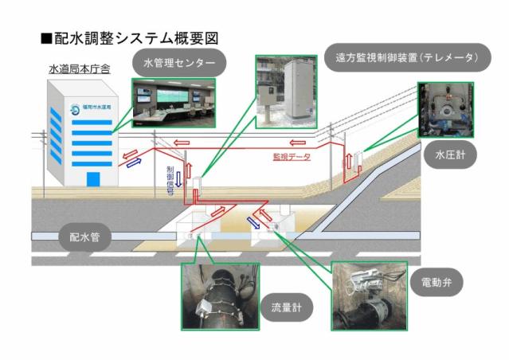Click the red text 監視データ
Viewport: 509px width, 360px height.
(x=287, y=158)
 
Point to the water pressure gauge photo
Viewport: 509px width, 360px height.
(x=444, y=109)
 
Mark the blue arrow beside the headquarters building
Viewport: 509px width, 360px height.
(x=133, y=162)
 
